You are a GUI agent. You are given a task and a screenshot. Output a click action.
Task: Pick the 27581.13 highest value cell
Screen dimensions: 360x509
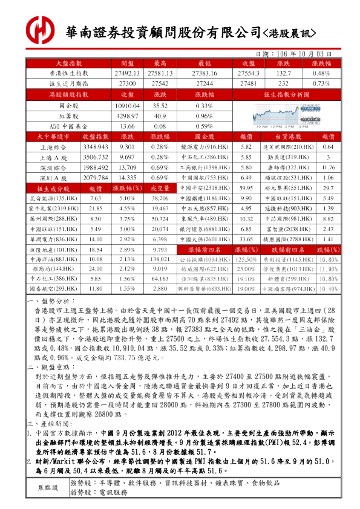[160, 73]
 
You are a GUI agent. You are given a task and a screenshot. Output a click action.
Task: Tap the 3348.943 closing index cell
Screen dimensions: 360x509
[95, 147]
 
